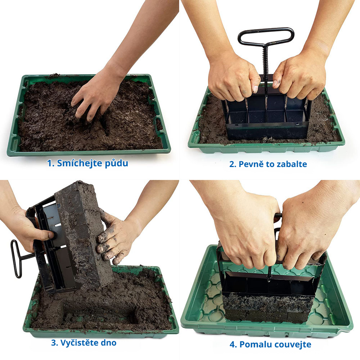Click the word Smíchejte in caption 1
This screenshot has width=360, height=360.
[79, 163]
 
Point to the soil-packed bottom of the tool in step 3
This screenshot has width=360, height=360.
[84, 232]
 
